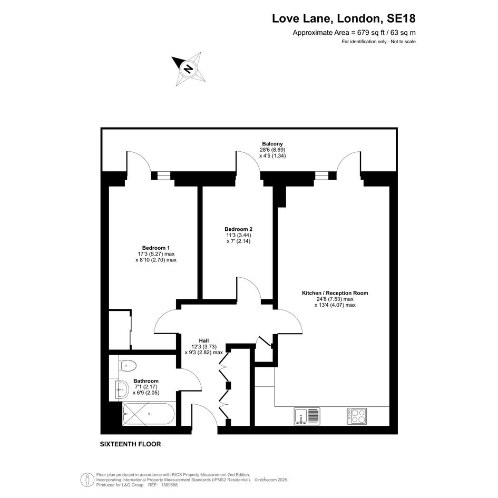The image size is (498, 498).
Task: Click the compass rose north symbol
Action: pos(189,69)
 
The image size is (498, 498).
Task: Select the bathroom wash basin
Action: pos(122,389)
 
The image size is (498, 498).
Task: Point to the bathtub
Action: pos(149,414)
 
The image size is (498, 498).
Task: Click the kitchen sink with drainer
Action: pos(307,416)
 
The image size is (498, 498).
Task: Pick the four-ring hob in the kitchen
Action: pos(357,416)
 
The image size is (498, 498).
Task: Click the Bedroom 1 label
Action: pos(156,248)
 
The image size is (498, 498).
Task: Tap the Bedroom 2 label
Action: pos(239,229)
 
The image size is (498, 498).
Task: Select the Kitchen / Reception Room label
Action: pos(335,293)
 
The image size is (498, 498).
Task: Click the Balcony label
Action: pos(272,144)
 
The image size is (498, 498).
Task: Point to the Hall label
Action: pos(204,340)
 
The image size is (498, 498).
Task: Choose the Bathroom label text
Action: pos(146,381)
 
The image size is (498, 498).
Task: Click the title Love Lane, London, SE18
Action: pos(344,18)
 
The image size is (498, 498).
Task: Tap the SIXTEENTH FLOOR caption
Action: pos(131,444)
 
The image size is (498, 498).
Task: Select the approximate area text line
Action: pos(354,32)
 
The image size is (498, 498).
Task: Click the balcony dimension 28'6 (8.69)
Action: pos(272,150)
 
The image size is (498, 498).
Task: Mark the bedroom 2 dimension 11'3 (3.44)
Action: pos(239,235)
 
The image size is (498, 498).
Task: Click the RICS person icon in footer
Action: pos(85,480)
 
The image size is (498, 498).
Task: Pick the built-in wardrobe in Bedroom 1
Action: pos(120,329)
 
